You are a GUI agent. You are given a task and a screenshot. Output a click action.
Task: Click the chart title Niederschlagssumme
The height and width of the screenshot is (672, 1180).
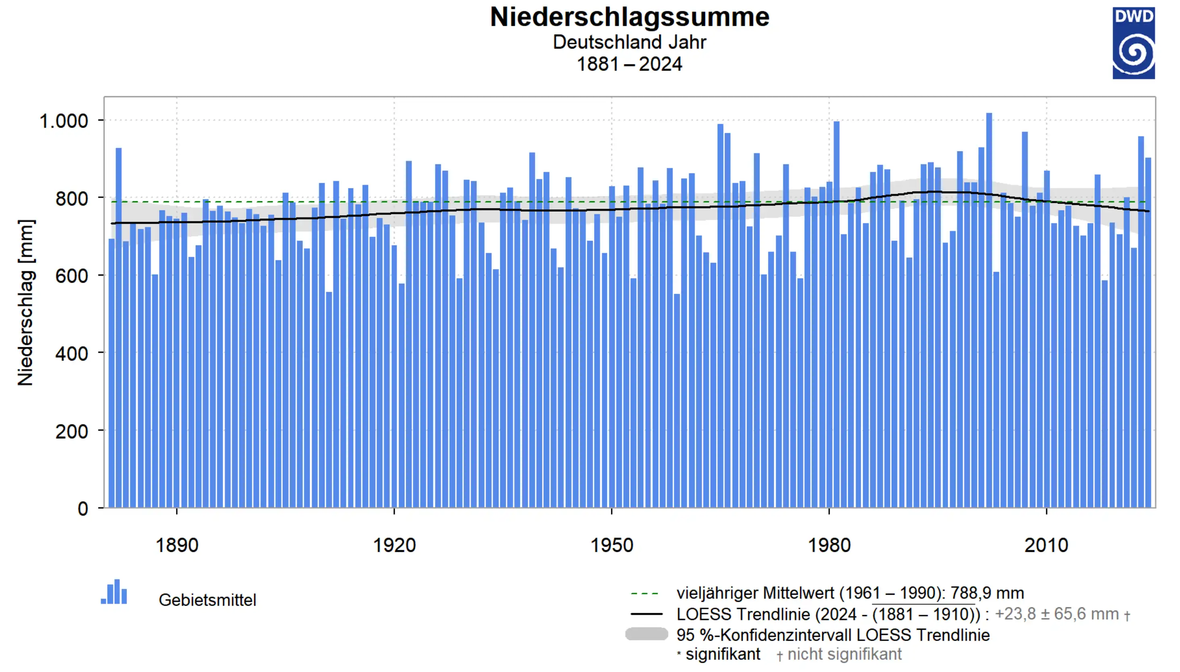[629, 18]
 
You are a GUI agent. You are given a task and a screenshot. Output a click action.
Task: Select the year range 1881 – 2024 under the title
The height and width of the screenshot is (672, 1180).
[629, 64]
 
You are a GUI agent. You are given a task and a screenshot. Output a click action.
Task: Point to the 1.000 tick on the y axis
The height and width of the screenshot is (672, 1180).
[64, 121]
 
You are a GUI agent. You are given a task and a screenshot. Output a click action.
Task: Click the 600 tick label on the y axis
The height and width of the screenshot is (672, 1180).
[72, 276]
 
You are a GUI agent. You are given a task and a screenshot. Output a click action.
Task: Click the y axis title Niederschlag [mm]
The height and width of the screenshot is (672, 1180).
[26, 302]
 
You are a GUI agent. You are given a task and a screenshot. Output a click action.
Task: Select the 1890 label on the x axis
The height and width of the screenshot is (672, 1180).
[177, 545]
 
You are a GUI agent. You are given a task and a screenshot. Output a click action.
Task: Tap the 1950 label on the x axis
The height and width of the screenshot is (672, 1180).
[611, 545]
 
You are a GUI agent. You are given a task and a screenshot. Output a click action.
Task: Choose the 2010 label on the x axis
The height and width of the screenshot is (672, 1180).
[1046, 545]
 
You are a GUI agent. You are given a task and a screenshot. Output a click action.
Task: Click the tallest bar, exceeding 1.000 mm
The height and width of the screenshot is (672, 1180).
[989, 309]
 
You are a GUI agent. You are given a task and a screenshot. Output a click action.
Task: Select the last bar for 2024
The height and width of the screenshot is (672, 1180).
[1148, 332]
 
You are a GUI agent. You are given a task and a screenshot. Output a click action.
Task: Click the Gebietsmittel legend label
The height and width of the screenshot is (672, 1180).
[207, 600]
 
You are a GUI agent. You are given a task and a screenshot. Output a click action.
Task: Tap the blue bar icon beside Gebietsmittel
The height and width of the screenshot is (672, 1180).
[114, 593]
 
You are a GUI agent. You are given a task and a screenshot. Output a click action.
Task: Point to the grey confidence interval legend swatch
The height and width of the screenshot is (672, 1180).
[646, 634]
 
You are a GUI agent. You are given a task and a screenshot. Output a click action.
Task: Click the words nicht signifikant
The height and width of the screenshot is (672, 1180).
[844, 654]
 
